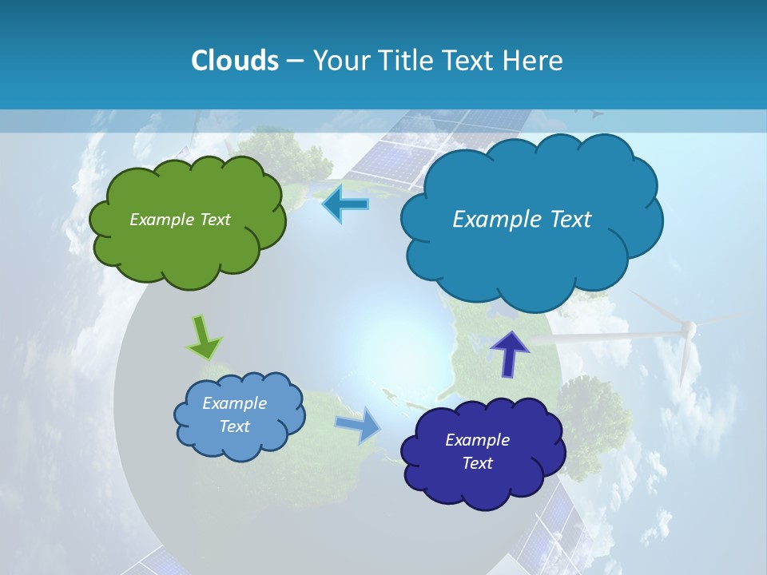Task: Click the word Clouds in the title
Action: pyautogui.click(x=234, y=60)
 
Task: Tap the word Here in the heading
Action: pyautogui.click(x=534, y=60)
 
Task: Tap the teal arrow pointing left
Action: pyautogui.click(x=345, y=204)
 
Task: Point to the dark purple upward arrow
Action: pyautogui.click(x=510, y=353)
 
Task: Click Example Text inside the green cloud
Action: pyautogui.click(x=180, y=219)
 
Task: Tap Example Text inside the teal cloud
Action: pyautogui.click(x=522, y=219)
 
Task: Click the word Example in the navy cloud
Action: pyautogui.click(x=477, y=439)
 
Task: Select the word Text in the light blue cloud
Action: pyautogui.click(x=234, y=426)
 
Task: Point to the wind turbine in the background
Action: pyautogui.click(x=686, y=335)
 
